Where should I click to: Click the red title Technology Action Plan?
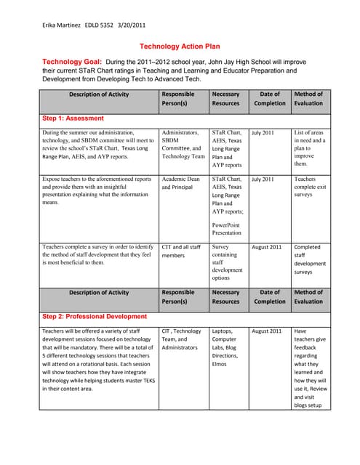180,46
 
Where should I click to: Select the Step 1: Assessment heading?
73,118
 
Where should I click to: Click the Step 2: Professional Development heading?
95,317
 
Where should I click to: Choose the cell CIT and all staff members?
181,251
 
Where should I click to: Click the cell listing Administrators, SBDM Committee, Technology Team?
183,145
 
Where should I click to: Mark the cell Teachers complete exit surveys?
308,187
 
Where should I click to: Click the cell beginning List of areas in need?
309,149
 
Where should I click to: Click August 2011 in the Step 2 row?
266,331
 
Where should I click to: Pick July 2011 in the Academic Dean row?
263,179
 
